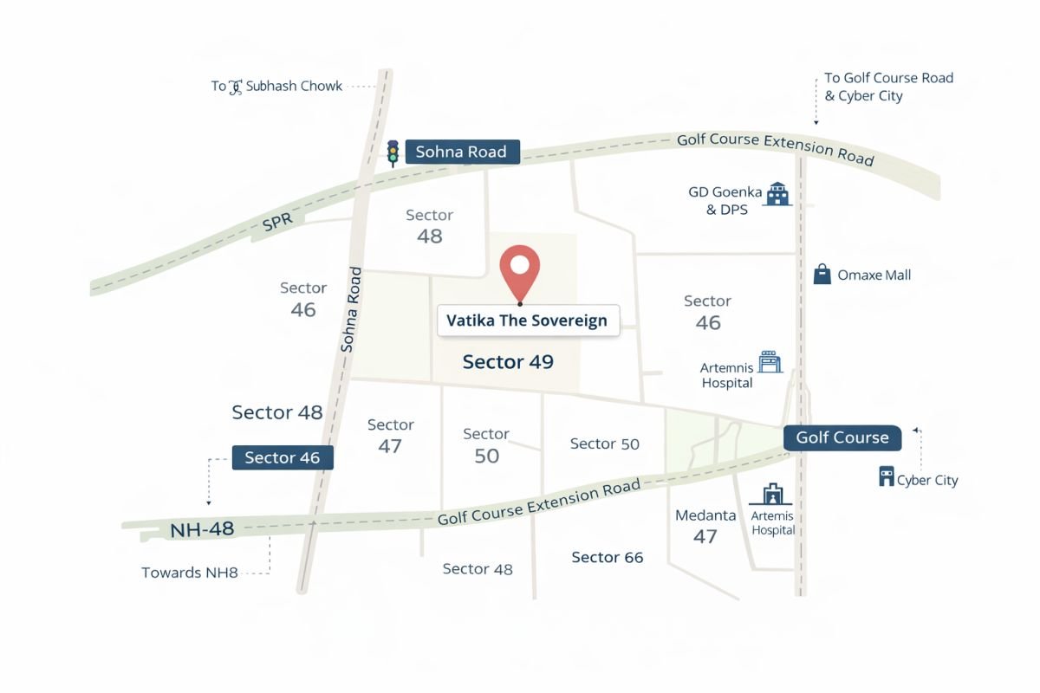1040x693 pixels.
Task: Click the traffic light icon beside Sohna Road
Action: coord(393,152)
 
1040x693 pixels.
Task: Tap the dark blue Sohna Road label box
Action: coord(462,152)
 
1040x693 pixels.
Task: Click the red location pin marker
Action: coord(521,274)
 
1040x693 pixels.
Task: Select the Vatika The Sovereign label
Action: coord(527,321)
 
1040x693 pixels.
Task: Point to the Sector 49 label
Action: coord(508,361)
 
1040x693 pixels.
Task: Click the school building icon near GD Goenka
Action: coord(778,193)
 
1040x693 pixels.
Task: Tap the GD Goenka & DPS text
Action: coord(725,201)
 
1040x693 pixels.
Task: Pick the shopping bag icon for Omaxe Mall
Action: coord(822,275)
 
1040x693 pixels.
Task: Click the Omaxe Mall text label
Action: coord(874,275)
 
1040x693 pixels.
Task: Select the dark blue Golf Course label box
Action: coord(842,437)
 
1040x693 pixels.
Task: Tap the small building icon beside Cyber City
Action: coord(886,476)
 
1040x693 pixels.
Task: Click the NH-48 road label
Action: coord(202,528)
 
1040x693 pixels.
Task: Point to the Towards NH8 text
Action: coord(190,573)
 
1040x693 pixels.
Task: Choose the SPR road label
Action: coord(277,222)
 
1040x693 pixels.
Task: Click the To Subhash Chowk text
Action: coord(277,87)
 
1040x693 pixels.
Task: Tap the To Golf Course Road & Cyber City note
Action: coord(888,87)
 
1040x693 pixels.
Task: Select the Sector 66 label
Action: coord(608,558)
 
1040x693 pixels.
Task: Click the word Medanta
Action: coord(705,515)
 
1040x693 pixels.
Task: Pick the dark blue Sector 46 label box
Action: coord(283,457)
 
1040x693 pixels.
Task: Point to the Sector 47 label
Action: coord(390,436)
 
